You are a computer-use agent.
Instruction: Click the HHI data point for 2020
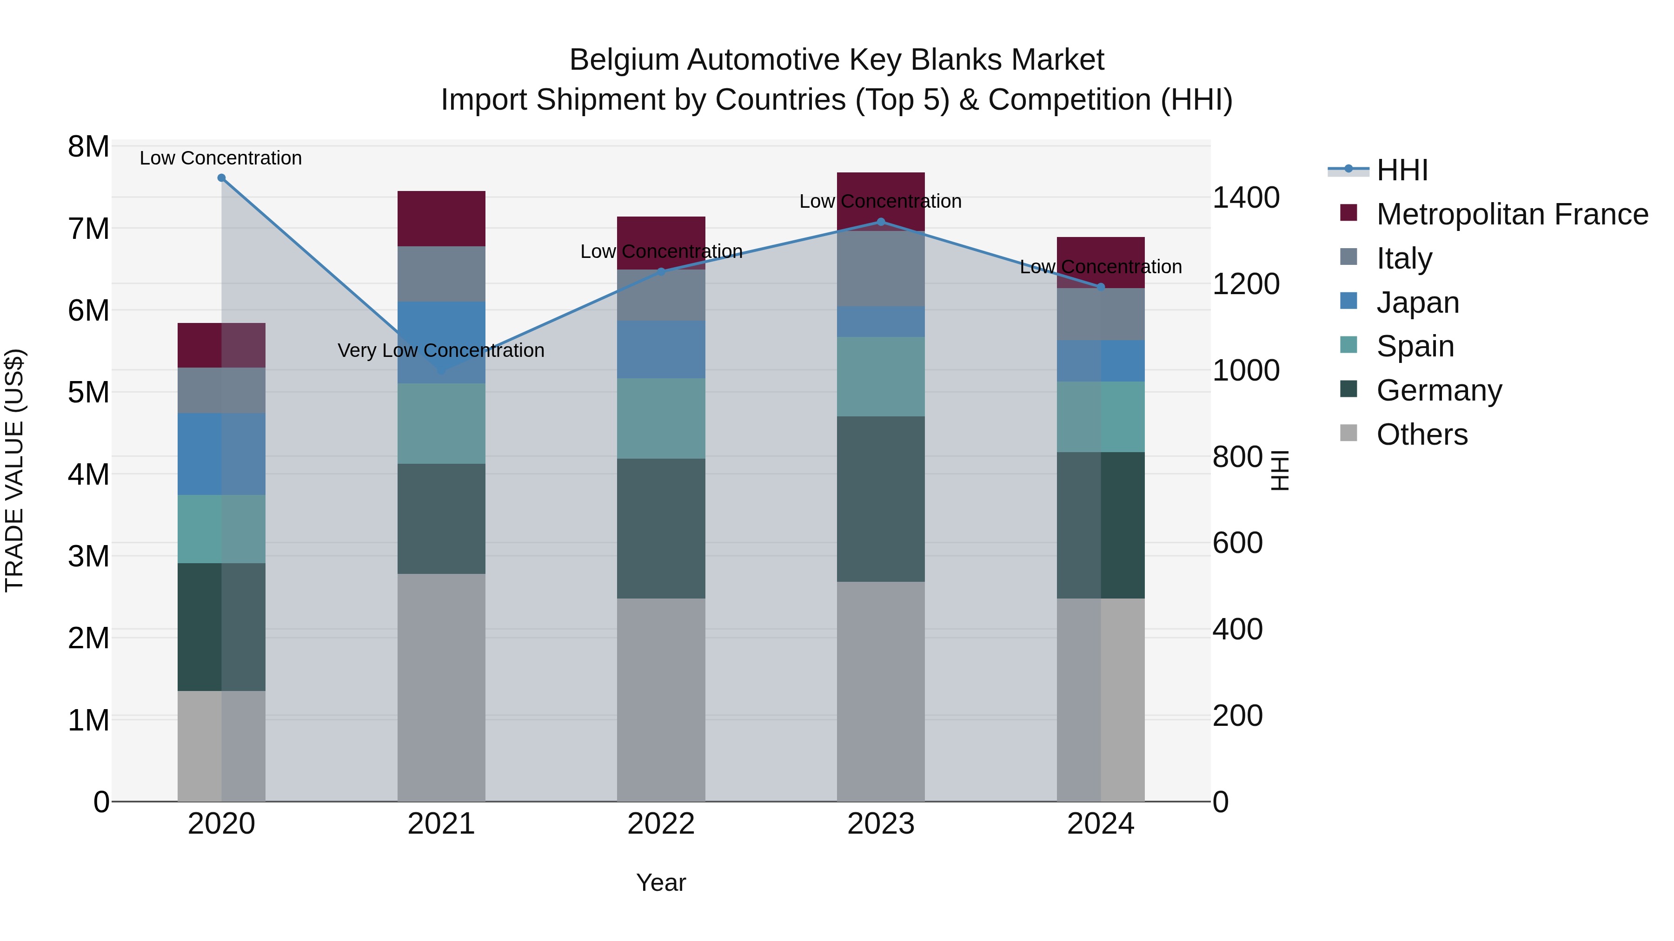[222, 178]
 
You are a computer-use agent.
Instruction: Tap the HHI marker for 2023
[881, 222]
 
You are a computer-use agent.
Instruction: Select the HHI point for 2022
[662, 272]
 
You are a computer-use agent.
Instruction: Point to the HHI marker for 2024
[1101, 287]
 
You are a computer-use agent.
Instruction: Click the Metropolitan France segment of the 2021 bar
[441, 219]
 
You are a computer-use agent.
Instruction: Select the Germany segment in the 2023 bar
[881, 499]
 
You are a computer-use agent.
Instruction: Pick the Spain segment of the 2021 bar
[441, 423]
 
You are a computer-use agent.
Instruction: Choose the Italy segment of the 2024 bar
[1101, 314]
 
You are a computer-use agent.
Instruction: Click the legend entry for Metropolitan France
[1512, 214]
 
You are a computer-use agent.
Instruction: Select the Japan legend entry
[1417, 303]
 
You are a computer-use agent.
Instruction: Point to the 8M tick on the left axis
[89, 147]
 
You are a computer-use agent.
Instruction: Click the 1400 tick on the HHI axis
[1246, 197]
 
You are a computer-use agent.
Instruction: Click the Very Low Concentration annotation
[441, 351]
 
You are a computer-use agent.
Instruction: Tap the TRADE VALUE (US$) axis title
[15, 470]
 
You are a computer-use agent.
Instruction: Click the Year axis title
[661, 882]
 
